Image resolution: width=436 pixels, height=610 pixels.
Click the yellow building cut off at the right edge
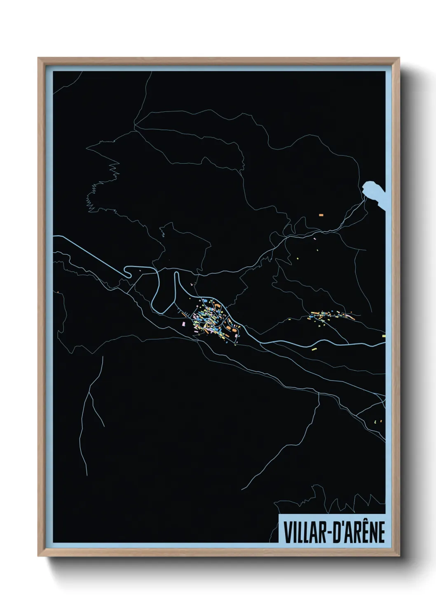[x=384, y=336]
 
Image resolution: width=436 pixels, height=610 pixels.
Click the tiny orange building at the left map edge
[x=58, y=292]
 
